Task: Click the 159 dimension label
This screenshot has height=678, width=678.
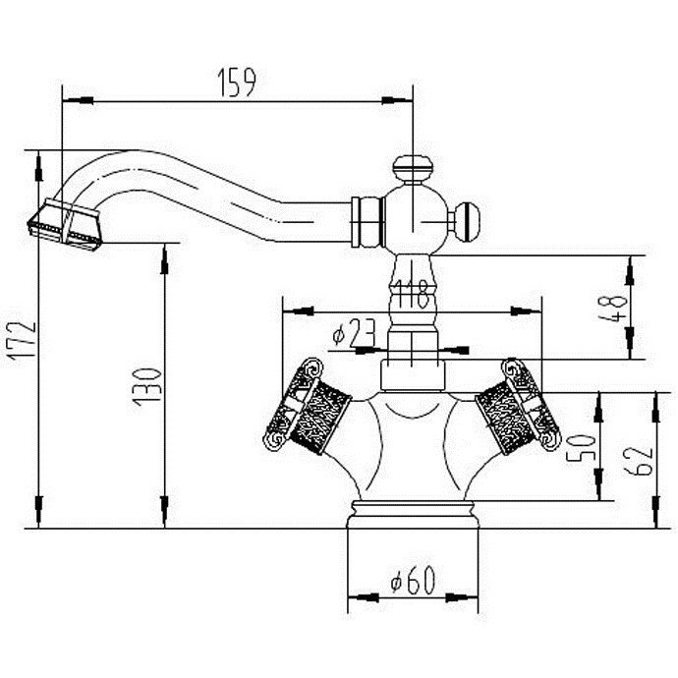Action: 237,83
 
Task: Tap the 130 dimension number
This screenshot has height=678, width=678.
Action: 147,386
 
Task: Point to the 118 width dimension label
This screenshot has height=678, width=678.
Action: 412,294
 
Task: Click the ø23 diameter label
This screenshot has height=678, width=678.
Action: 354,332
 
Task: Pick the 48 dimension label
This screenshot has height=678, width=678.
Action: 613,308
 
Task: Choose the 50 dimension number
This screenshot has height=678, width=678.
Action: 582,447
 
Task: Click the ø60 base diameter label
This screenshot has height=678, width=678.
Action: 413,580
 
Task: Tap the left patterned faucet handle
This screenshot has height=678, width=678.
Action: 308,406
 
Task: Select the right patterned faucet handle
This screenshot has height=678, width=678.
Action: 518,406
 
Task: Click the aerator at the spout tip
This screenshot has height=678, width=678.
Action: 65,225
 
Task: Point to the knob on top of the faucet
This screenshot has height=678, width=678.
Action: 413,169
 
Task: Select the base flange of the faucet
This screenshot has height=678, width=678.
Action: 413,515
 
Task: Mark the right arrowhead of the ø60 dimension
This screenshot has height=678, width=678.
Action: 462,597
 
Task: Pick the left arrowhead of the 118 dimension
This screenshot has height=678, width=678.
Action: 298,311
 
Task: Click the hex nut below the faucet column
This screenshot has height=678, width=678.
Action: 413,375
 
